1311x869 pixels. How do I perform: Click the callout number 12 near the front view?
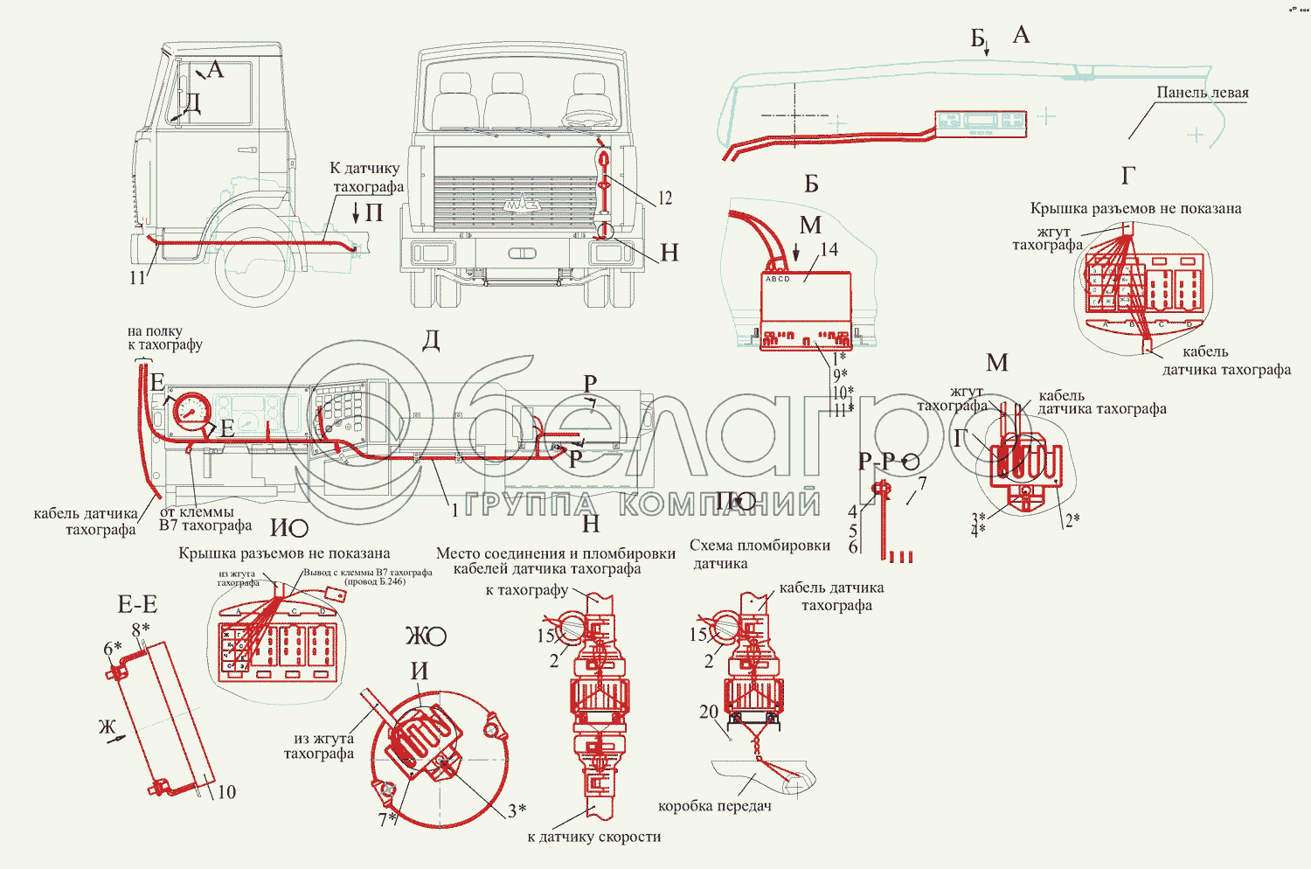point(665,198)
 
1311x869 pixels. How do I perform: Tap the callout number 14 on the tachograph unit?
point(829,250)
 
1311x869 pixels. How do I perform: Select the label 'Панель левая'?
point(1202,93)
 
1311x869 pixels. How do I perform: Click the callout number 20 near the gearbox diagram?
point(708,712)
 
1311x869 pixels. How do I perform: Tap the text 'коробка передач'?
point(714,806)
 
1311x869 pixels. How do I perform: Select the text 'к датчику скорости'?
point(594,837)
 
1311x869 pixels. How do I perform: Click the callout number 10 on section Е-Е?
point(226,792)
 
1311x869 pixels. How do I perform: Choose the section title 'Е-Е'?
point(137,604)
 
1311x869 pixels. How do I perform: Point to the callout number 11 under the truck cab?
point(137,278)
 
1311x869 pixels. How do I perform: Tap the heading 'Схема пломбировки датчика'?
point(759,554)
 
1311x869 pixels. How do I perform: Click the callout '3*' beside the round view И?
point(517,810)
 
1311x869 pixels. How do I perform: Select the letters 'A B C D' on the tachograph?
point(777,279)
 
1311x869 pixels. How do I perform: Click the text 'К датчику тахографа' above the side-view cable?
point(365,177)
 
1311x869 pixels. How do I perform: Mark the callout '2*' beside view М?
point(1071,520)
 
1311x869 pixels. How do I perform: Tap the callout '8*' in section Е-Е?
point(140,629)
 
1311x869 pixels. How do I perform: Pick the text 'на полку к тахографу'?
point(164,337)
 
